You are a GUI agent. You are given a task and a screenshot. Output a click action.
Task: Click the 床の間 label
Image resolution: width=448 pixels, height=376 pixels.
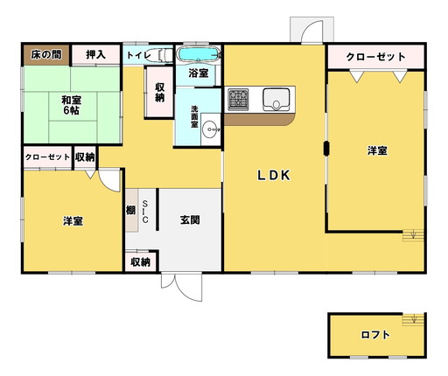pyautogui.click(x=46, y=54)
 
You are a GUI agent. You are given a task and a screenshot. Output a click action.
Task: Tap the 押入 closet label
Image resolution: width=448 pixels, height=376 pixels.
pyautogui.click(x=95, y=54)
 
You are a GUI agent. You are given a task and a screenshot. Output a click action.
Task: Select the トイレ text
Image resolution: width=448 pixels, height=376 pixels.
pyautogui.click(x=139, y=55)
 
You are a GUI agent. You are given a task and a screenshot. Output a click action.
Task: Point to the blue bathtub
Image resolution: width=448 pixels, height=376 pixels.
pyautogui.click(x=199, y=54)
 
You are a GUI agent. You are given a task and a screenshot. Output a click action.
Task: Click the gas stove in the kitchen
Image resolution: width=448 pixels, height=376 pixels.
pyautogui.click(x=238, y=100)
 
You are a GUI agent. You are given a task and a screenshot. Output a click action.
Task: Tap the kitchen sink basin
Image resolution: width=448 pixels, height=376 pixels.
pyautogui.click(x=276, y=100)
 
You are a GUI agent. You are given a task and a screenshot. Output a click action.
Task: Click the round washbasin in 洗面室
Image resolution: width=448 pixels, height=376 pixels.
pyautogui.click(x=210, y=129)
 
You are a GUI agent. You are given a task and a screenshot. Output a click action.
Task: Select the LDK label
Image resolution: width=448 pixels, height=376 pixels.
pyautogui.click(x=274, y=175)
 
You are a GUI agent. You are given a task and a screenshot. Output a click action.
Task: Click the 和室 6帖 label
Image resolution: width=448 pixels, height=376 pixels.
pyautogui.click(x=72, y=106)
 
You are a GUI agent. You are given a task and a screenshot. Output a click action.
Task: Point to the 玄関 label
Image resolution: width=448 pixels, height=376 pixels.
pyautogui.click(x=190, y=219)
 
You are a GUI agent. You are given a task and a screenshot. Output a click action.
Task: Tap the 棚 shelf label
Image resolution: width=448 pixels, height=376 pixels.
pyautogui.click(x=131, y=210)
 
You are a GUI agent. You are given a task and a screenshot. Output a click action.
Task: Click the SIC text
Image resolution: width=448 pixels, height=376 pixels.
pyautogui.click(x=145, y=211)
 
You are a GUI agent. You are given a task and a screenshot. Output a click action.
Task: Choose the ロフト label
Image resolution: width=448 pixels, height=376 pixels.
pyautogui.click(x=375, y=334)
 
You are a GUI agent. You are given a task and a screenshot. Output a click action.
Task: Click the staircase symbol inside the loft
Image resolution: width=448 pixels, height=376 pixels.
pyautogui.click(x=413, y=319)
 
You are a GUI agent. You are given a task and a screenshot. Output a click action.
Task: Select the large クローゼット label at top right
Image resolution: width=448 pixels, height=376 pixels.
pyautogui.click(x=375, y=57)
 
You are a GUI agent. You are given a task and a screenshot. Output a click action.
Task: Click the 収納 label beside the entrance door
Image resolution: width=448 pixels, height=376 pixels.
pyautogui.click(x=141, y=262)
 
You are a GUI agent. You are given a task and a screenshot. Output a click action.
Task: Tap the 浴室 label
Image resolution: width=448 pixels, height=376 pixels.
pyautogui.click(x=199, y=73)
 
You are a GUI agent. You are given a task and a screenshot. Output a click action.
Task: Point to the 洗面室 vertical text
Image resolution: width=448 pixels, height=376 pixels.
pyautogui.click(x=194, y=116)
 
